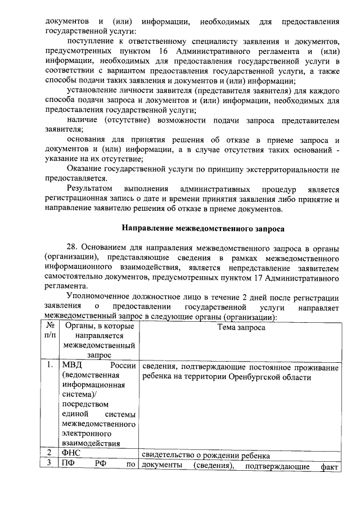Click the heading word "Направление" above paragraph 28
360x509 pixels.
[x=148, y=229]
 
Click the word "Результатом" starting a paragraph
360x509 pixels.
[x=89, y=188]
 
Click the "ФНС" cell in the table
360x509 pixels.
[x=72, y=456]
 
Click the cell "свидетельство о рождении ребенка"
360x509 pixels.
[x=206, y=456]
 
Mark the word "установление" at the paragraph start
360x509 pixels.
[x=93, y=91]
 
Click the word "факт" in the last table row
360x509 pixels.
[x=330, y=466]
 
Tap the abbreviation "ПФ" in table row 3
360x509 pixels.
[x=68, y=466]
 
